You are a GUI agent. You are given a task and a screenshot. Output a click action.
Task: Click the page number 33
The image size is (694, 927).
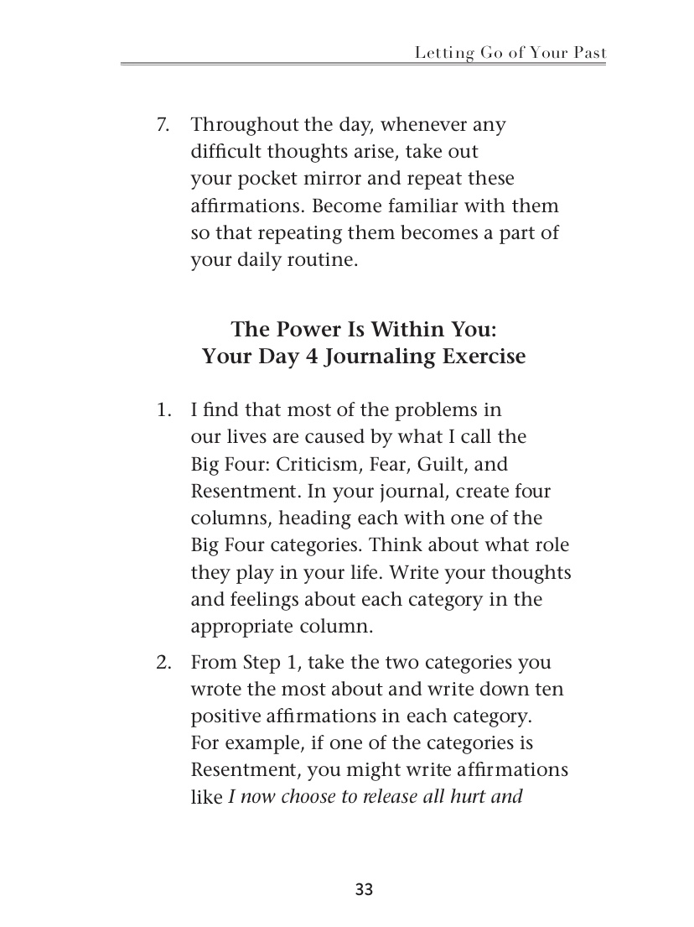[x=364, y=890]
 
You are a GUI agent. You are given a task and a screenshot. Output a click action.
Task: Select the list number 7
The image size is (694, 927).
[x=163, y=125]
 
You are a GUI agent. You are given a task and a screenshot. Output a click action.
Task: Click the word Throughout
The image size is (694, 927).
[x=245, y=125]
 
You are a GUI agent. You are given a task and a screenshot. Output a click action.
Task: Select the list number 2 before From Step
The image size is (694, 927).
[x=163, y=663]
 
